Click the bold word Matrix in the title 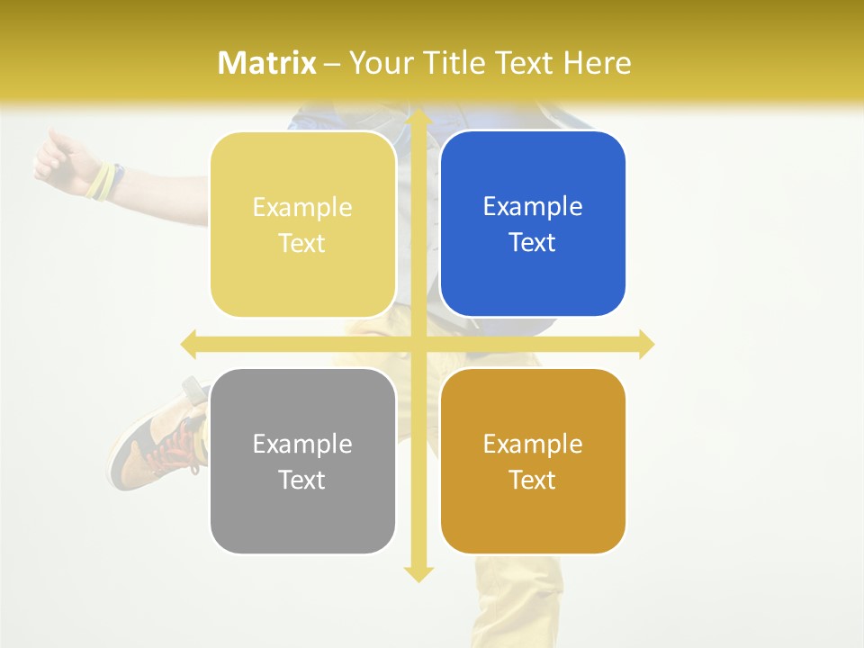(267, 63)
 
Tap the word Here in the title (597, 63)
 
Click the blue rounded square (533, 224)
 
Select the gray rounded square (302, 461)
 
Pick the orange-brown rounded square (533, 461)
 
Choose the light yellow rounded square (302, 224)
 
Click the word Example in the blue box (533, 207)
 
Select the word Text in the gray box (302, 480)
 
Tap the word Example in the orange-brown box (533, 444)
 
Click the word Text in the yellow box (302, 243)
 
